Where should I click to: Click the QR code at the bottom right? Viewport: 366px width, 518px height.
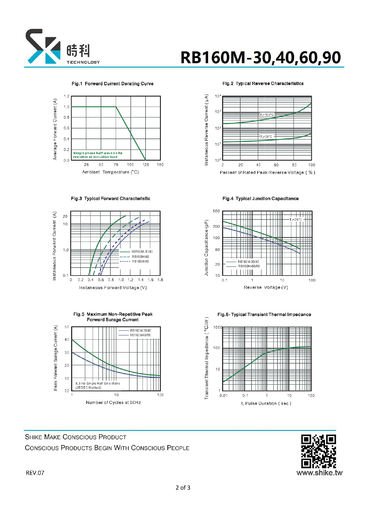click(318, 451)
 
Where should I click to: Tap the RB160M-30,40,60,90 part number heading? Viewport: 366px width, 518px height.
click(260, 57)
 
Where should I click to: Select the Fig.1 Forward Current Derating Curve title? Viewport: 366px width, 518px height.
click(112, 84)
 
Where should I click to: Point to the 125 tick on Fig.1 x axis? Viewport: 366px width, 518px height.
click(146, 165)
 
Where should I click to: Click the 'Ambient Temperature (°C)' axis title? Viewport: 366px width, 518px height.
click(110, 172)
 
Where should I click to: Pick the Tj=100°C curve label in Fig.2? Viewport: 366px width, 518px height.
click(267, 115)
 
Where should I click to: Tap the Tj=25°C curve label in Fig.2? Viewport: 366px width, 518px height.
click(266, 137)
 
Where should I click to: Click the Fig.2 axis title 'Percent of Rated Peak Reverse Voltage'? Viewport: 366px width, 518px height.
click(267, 172)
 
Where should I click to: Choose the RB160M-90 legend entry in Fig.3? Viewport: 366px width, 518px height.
click(140, 261)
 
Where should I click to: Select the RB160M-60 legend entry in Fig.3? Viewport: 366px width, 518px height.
click(140, 257)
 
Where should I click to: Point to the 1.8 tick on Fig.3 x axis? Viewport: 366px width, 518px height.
click(160, 280)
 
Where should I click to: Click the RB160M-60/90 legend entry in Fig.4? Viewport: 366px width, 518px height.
click(249, 266)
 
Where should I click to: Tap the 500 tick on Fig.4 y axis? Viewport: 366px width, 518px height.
click(216, 211)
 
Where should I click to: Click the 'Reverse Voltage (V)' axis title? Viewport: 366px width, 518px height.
click(266, 287)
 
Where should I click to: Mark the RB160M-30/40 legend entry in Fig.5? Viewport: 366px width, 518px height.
click(140, 330)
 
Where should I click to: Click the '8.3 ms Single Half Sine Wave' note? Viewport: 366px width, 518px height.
click(98, 383)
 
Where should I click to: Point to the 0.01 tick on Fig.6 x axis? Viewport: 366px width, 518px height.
click(223, 395)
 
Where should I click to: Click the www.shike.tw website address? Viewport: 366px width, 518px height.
click(319, 473)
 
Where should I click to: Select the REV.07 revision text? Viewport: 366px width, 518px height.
click(35, 473)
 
